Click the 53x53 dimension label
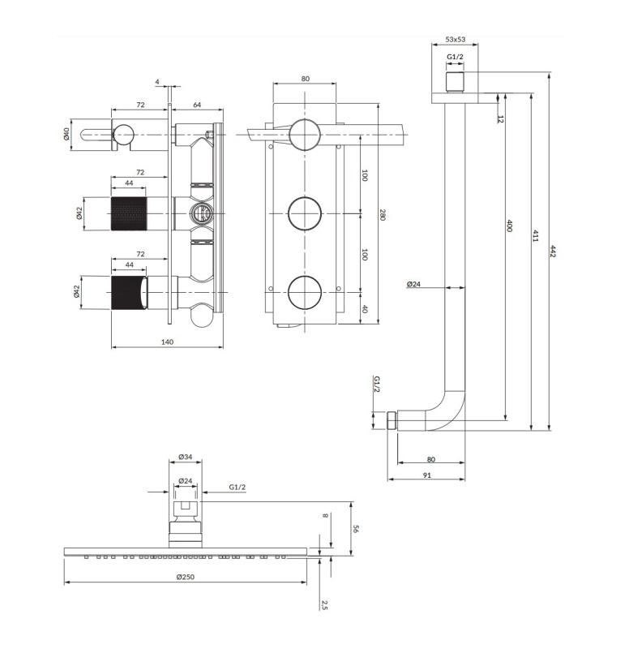tap(455, 39)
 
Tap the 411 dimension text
tap(535, 236)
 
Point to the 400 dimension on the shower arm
tap(510, 226)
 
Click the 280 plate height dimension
tap(382, 215)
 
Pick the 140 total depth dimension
tap(167, 342)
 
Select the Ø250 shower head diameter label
tap(186, 577)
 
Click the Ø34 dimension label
tap(186, 457)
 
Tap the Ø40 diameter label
tap(66, 134)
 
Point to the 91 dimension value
tap(427, 475)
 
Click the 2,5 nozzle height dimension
tap(324, 604)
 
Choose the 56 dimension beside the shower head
tap(356, 529)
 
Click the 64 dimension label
tap(197, 105)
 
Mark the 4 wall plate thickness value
tap(157, 82)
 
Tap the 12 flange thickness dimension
tap(501, 119)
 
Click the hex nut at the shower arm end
tap(392, 420)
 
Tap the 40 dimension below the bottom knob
tap(364, 308)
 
